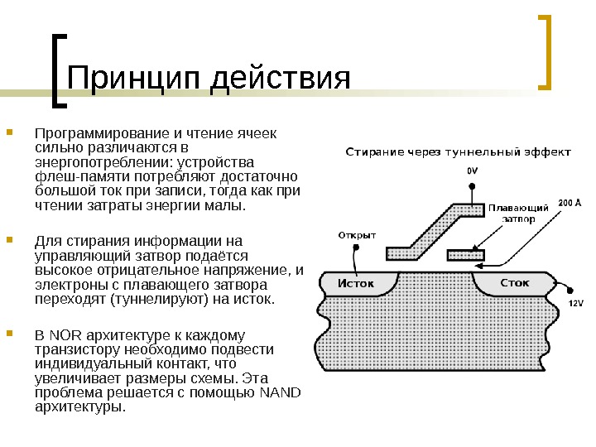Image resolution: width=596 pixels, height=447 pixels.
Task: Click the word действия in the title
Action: point(282,79)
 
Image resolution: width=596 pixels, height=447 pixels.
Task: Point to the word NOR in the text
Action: point(64,335)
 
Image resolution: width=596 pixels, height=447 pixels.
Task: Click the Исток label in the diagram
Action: point(356,284)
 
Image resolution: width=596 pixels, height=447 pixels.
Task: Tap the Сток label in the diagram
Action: point(515,283)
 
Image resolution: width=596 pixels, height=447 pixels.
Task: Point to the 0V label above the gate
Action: point(472,170)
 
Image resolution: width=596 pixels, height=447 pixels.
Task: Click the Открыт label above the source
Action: point(358,234)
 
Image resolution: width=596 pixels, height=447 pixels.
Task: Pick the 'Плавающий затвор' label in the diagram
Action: point(518,213)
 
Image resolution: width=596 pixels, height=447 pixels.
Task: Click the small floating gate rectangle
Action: point(465,255)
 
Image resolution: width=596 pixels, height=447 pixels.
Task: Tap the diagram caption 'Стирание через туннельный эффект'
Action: point(457,152)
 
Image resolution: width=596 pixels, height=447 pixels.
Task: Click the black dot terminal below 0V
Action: point(472,187)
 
